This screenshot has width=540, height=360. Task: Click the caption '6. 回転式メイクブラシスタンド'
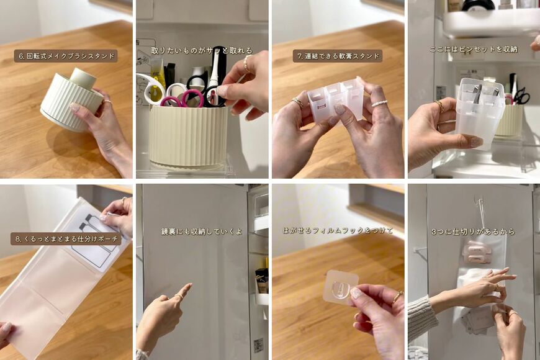click(66, 56)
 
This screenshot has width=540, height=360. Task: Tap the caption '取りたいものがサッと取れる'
click(202, 50)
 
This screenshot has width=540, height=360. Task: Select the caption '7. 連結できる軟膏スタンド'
click(337, 56)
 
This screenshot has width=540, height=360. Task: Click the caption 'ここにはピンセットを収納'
click(474, 49)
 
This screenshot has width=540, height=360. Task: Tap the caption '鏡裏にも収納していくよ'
click(202, 232)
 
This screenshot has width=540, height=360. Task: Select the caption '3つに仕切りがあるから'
click(473, 232)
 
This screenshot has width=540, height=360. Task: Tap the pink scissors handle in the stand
click(192, 96)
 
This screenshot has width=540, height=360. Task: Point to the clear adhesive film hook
click(341, 287)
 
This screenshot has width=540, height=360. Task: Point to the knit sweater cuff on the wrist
click(421, 317)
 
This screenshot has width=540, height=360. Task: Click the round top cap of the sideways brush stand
click(82, 79)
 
